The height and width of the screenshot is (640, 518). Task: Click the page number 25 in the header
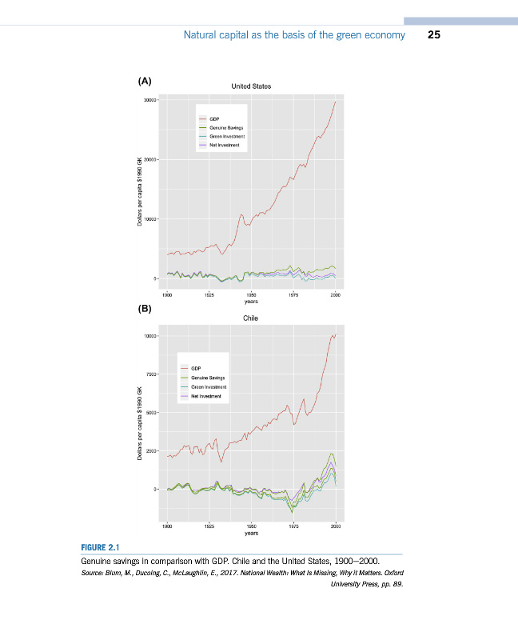pos(435,35)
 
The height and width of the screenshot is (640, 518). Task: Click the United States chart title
pos(251,85)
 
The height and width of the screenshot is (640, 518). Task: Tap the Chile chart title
pos(251,318)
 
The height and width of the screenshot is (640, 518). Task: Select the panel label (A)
pos(144,80)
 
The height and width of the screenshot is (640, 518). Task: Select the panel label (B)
pos(145,308)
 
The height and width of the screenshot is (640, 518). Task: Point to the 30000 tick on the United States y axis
pos(149,100)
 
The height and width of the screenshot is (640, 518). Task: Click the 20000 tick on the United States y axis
pos(149,159)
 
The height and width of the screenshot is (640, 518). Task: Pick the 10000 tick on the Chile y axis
pos(149,335)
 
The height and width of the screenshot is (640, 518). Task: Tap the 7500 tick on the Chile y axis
pos(151,374)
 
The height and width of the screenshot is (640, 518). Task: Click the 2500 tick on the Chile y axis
pos(151,450)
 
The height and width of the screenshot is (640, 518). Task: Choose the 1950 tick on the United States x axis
pos(251,295)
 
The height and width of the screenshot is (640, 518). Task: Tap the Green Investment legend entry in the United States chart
pos(227,137)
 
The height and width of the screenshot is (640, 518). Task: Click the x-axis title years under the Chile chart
pos(251,534)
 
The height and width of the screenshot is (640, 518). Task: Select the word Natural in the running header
pos(201,35)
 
